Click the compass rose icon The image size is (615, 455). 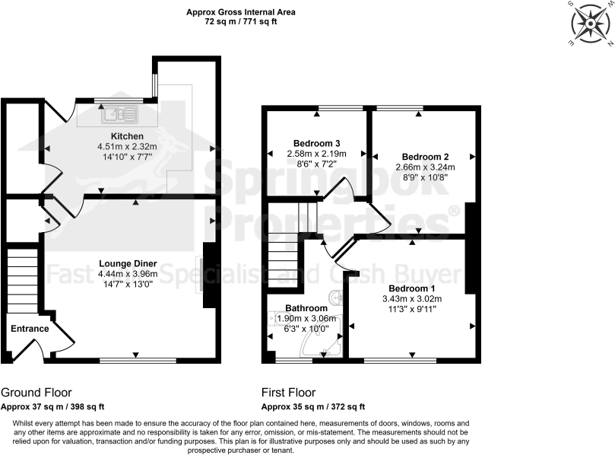point(590,24)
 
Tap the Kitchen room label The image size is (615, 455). point(126,135)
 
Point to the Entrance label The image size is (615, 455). point(30,329)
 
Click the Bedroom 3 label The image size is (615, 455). point(316,143)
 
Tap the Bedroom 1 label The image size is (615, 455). point(411,288)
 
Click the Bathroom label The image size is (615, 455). point(306,308)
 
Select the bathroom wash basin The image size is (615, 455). point(337,297)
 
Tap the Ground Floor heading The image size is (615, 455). point(36,393)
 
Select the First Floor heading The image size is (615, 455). point(288,393)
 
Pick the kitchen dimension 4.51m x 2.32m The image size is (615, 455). point(126,147)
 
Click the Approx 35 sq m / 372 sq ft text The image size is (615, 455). point(313,406)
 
